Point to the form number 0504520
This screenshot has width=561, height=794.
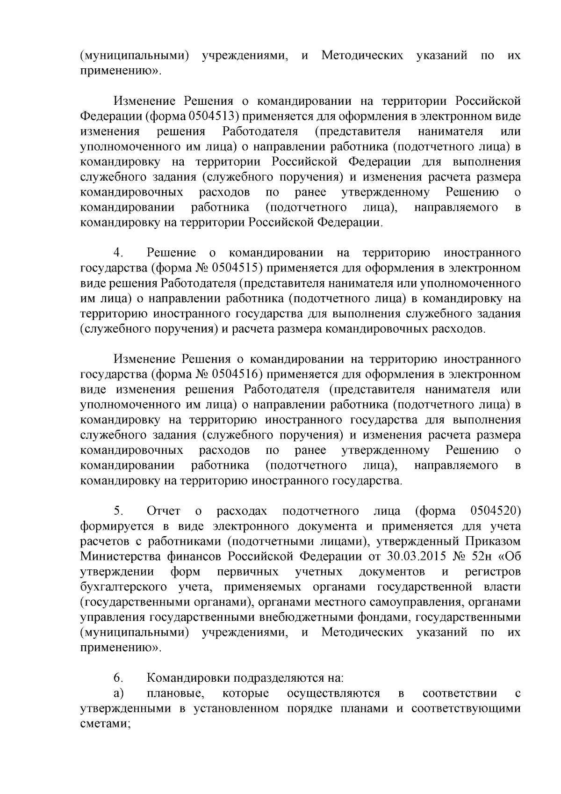496,510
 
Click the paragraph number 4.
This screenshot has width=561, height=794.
118,253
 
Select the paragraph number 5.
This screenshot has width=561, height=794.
118,510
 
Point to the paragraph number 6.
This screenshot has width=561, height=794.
118,678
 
